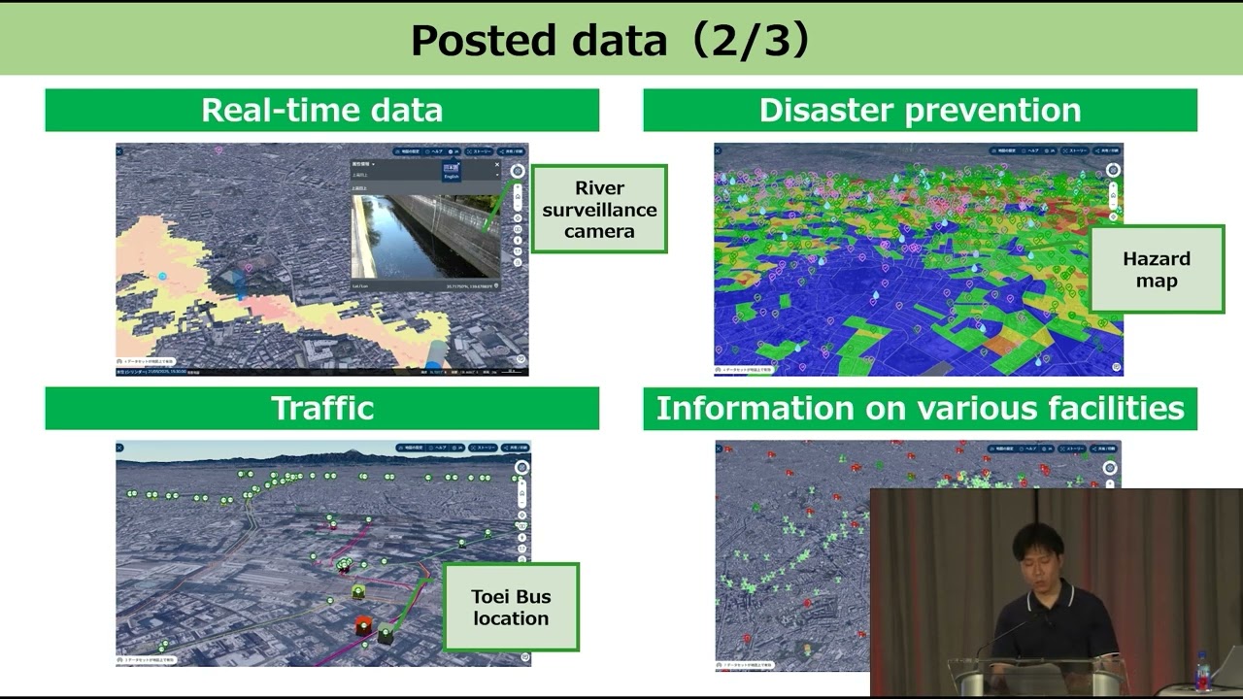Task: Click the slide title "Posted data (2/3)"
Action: coord(610,41)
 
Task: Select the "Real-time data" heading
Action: coord(321,110)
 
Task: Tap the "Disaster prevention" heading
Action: coord(920,110)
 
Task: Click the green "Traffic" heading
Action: coord(321,408)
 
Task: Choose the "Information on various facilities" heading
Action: coord(920,408)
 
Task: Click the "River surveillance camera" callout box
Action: coord(599,209)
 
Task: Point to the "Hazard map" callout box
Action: coord(1156,269)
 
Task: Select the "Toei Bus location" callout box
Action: coord(511,607)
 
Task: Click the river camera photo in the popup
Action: coord(425,236)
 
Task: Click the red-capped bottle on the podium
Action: coord(1203,671)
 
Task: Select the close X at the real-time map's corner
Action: coord(119,150)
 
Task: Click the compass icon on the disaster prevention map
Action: coord(1112,170)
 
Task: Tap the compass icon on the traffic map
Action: coord(521,467)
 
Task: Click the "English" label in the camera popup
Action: coord(452,177)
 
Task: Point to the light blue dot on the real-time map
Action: coord(162,277)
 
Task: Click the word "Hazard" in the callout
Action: coord(1156,258)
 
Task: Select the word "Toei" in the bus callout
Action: coord(491,596)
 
